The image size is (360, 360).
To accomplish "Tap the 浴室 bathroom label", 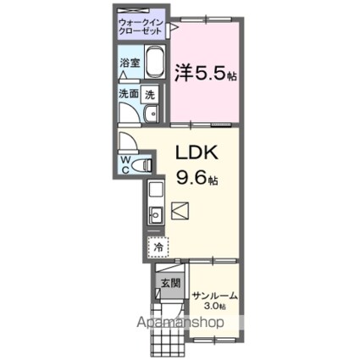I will (129, 64).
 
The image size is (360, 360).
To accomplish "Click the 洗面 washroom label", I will (128, 95).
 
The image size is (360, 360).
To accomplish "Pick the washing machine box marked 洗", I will (150, 95).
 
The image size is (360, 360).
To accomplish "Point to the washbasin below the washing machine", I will (151, 116).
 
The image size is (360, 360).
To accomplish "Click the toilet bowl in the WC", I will (142, 163).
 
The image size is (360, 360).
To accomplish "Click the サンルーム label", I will (214, 295).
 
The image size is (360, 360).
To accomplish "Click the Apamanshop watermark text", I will (180, 324).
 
